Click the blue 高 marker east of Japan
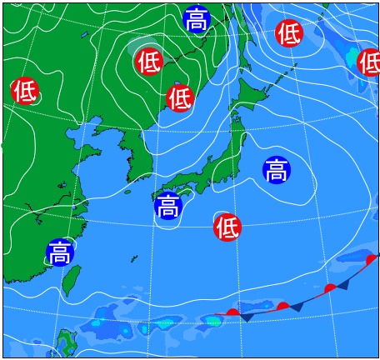point(277,170)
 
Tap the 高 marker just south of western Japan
point(168,205)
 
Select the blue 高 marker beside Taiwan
point(60,252)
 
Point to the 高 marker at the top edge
point(197,18)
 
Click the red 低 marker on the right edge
point(369,62)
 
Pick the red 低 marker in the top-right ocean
point(289,33)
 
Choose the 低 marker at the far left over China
point(25,91)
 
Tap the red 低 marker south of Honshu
point(227,225)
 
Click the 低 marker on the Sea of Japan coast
point(180,98)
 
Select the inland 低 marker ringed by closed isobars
point(147,61)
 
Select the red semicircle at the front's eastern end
point(372,260)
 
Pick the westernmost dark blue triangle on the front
point(247,317)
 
